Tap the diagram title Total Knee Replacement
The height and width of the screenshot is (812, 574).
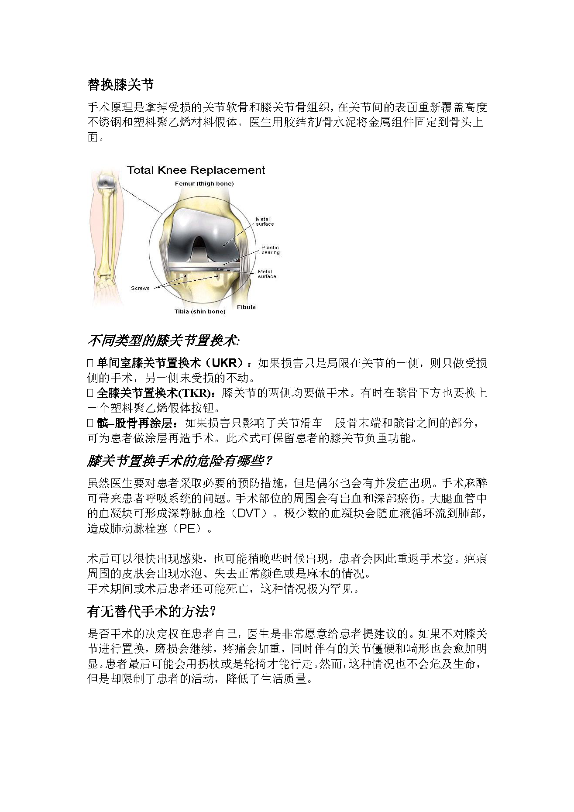click(x=196, y=170)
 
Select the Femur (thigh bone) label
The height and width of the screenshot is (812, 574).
click(x=204, y=184)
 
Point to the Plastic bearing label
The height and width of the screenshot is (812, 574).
click(x=270, y=250)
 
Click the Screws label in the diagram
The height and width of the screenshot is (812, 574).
click(x=140, y=288)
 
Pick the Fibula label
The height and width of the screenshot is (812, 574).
click(x=246, y=307)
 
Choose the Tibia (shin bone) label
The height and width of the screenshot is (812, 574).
click(x=200, y=312)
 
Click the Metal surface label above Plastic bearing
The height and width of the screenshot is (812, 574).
click(x=265, y=222)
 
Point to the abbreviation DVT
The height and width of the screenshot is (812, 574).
click(x=250, y=513)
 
